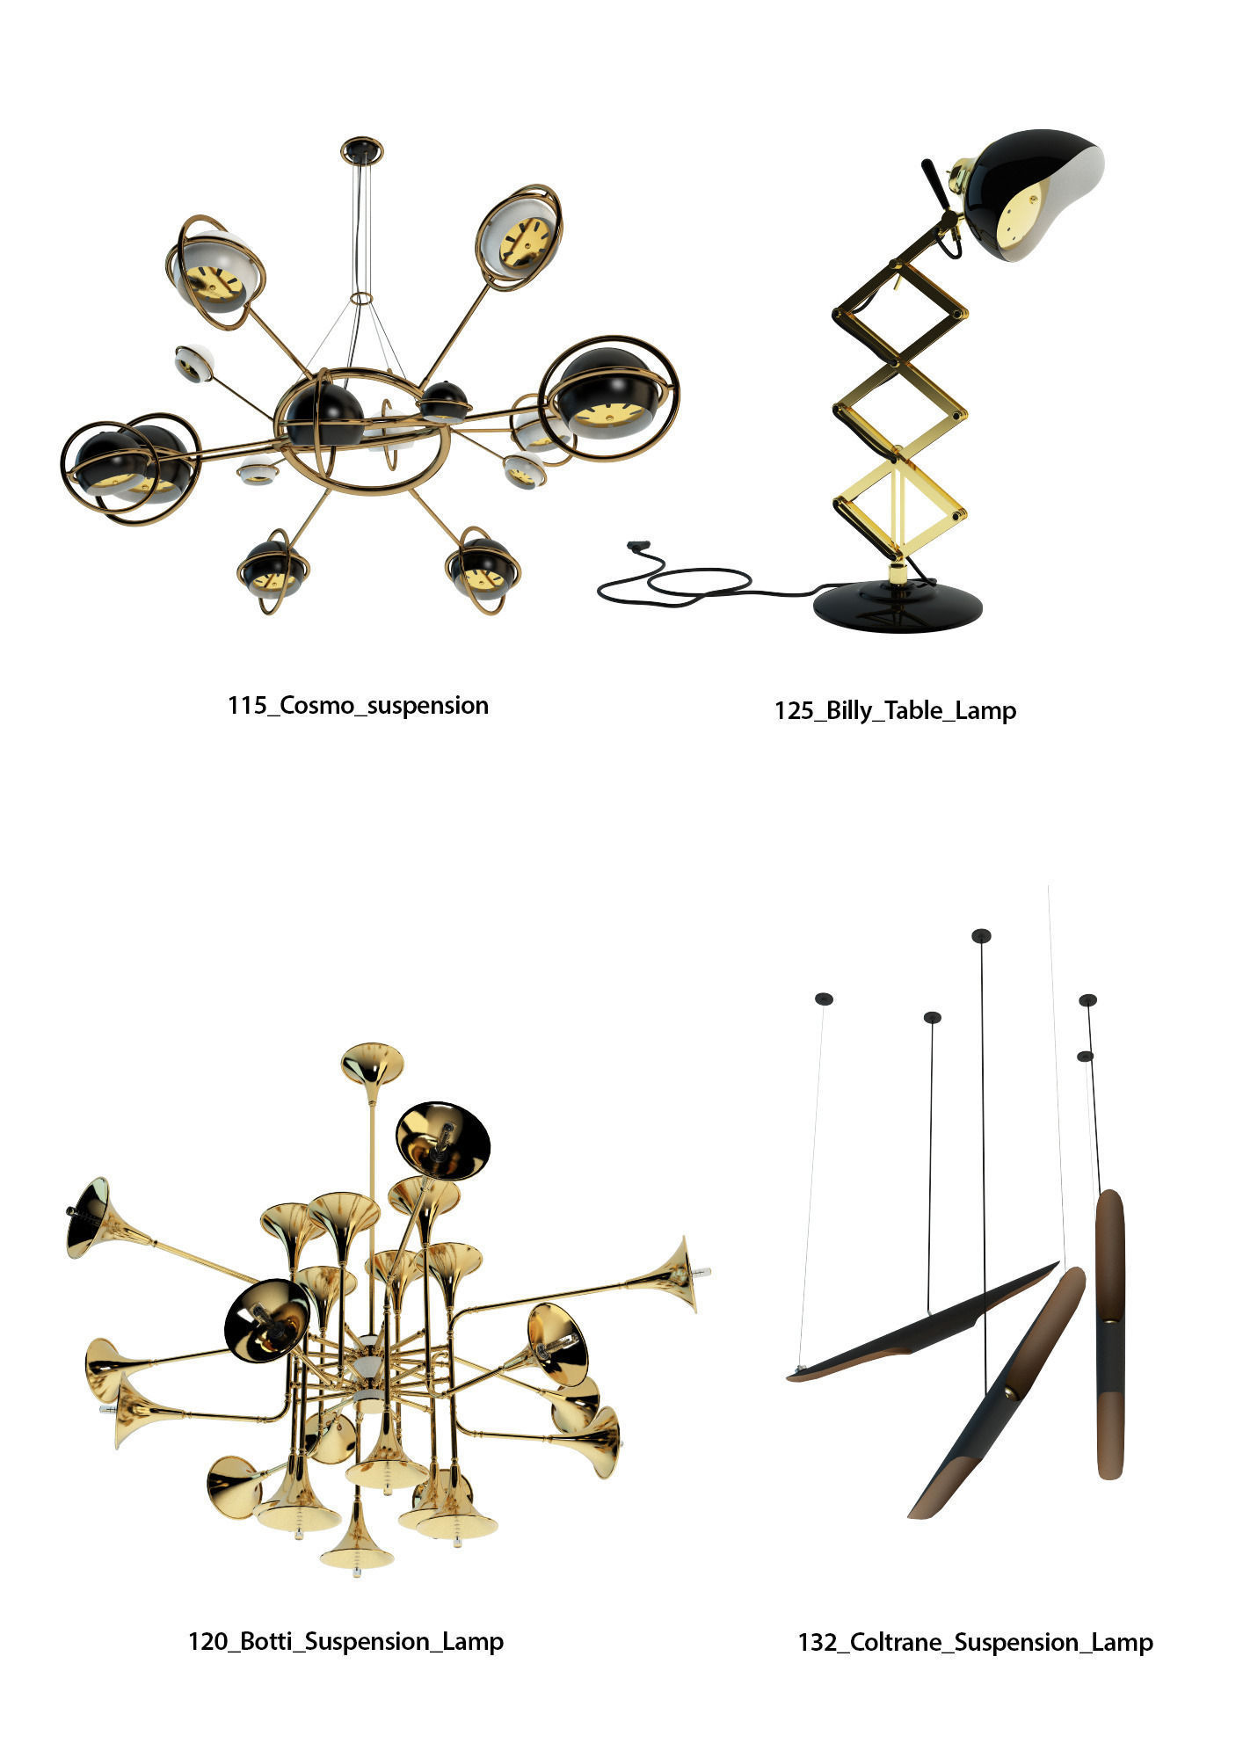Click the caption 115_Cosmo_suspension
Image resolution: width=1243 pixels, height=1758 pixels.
(358, 706)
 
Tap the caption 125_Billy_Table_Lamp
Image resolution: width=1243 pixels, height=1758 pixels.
(895, 710)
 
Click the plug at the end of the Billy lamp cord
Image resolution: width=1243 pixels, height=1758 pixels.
(633, 546)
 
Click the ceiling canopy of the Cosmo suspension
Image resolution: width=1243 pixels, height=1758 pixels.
(361, 149)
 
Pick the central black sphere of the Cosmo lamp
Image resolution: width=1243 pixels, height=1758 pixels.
(324, 414)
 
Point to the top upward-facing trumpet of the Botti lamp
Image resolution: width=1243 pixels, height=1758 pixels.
(372, 1064)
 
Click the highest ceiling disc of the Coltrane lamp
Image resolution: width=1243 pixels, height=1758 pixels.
(981, 935)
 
